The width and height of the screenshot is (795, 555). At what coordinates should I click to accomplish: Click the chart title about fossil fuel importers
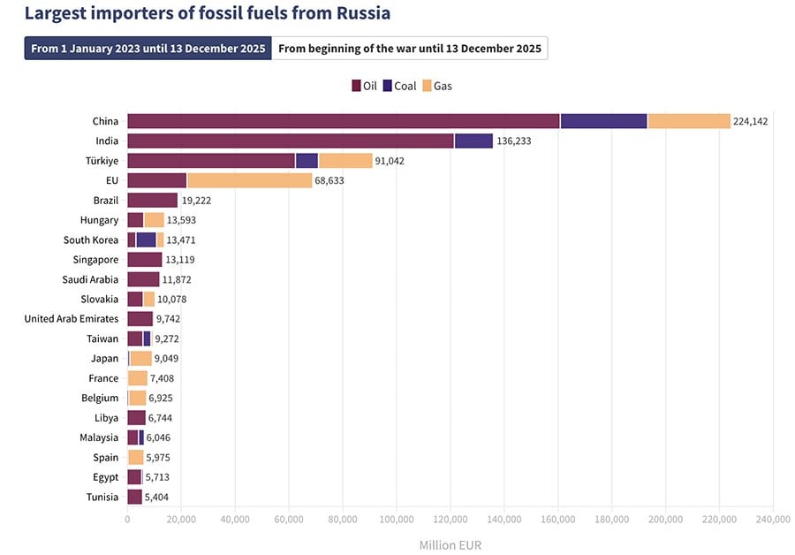coord(208,14)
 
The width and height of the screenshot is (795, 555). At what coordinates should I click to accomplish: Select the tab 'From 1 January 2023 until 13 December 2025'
coord(148,49)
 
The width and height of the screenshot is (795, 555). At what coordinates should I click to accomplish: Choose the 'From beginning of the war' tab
coord(410,49)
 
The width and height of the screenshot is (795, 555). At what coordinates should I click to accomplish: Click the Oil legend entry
coord(364,86)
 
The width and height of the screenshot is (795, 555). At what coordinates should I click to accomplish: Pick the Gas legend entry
coord(437,86)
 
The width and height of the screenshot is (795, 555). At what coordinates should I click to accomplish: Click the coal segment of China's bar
coord(603,121)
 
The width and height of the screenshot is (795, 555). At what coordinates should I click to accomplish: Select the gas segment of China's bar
coord(689,121)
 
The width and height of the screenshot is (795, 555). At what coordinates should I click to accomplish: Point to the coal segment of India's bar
coord(473,141)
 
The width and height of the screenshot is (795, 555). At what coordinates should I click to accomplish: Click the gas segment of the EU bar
coord(249,180)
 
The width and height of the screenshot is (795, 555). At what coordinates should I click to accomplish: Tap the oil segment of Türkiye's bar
coord(210,161)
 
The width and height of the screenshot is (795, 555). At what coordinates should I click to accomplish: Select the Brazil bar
coord(152,201)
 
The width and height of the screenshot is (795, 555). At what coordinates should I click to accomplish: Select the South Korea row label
coord(90,239)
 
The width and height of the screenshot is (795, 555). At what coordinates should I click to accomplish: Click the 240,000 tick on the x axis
coord(773,520)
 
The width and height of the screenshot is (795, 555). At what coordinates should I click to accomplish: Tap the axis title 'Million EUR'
coord(450,544)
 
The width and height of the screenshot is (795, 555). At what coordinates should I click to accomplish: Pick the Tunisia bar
coord(134,497)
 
